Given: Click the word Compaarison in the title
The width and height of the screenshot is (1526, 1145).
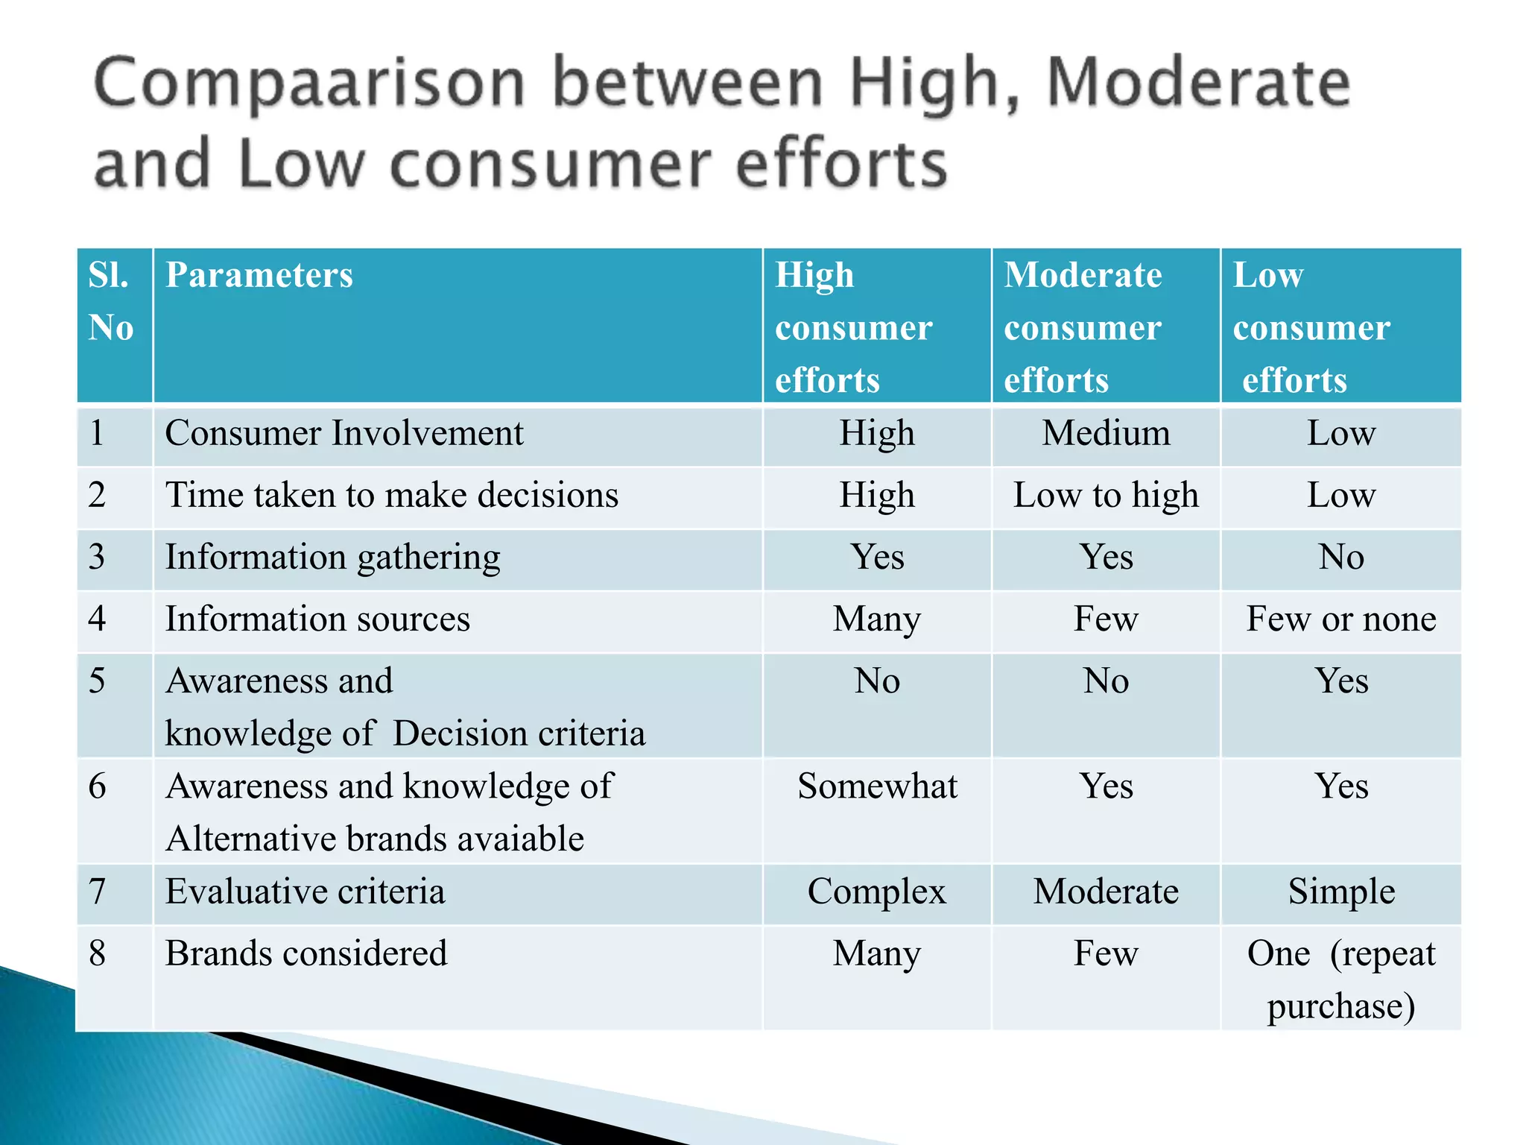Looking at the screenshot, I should (310, 83).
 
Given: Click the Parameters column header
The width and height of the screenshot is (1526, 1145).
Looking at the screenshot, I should (259, 275).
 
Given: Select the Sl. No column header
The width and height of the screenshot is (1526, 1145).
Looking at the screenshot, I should (111, 301).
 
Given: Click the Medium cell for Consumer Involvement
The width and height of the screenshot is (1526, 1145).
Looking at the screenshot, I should (1106, 433).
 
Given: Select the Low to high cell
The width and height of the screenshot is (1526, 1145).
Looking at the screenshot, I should (1106, 495).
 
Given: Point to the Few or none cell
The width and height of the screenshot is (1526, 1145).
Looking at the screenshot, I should (1341, 619).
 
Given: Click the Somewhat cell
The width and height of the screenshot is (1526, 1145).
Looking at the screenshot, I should (877, 786).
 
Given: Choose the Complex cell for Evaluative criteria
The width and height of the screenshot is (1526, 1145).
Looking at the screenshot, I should (877, 892).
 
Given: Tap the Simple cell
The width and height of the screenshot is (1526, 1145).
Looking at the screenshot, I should (1341, 892).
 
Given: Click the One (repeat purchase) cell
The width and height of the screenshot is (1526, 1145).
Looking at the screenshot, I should (1341, 979).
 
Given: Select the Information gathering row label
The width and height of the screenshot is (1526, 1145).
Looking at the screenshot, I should (332, 558).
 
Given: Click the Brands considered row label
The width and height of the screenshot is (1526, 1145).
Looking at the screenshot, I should (306, 953).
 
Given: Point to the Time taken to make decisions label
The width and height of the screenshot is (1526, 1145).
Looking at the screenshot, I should (392, 496).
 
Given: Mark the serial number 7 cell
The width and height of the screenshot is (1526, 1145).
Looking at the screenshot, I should (98, 892).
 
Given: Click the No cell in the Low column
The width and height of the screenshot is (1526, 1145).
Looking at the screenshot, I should (1341, 557).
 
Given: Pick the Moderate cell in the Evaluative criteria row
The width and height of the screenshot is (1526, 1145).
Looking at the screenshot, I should (1106, 892).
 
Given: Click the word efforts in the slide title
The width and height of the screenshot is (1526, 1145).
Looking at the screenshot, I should (841, 165).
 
